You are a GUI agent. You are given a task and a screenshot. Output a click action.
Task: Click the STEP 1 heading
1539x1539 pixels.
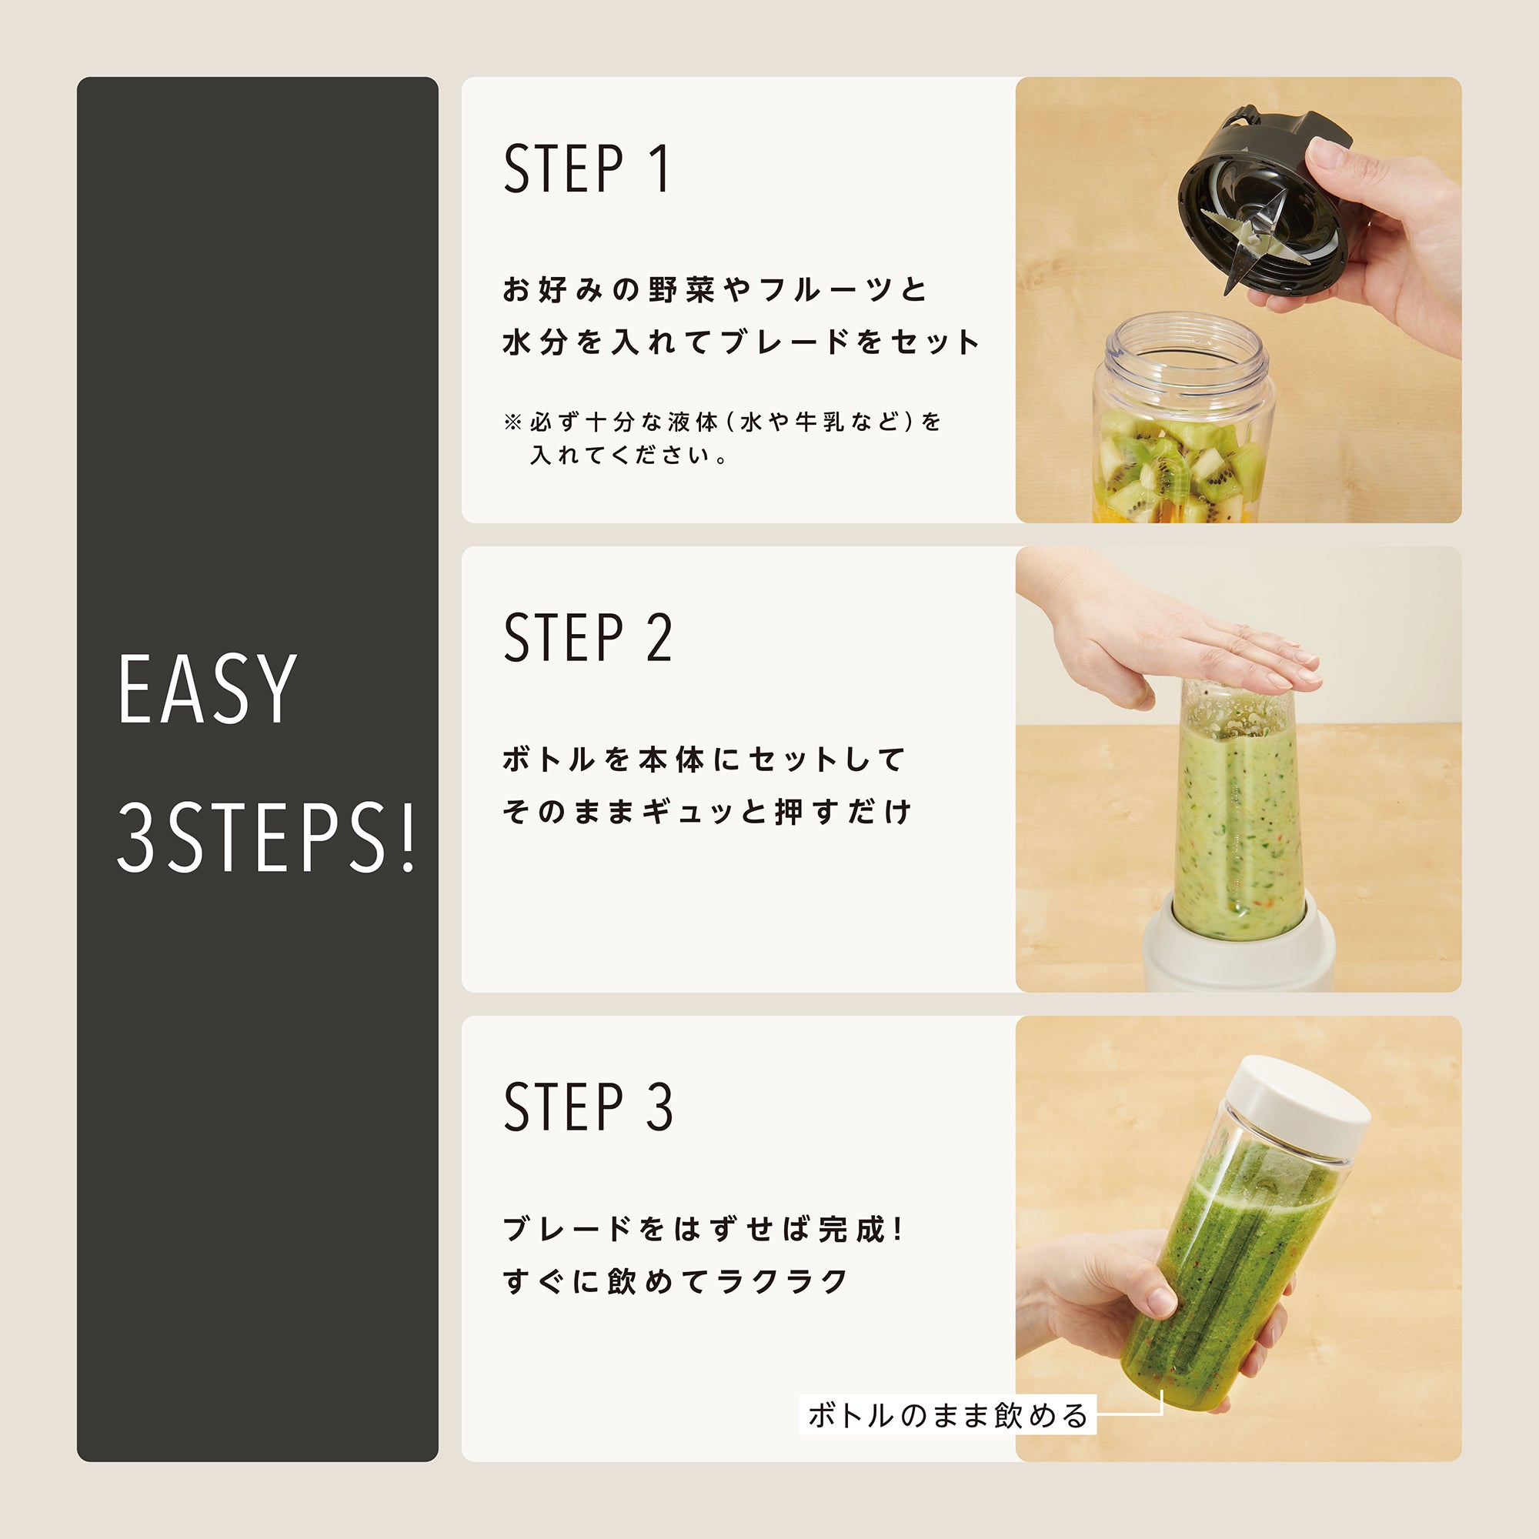pyautogui.click(x=588, y=169)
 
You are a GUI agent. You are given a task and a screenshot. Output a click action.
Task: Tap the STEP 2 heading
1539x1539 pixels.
pyautogui.click(x=588, y=638)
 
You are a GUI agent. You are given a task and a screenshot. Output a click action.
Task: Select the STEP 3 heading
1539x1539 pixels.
pyautogui.click(x=588, y=1107)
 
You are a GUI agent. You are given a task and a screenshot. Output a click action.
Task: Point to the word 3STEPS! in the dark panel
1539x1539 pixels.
pyautogui.click(x=267, y=838)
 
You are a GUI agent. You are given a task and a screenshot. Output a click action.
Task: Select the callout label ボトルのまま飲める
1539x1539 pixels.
pyautogui.click(x=948, y=1415)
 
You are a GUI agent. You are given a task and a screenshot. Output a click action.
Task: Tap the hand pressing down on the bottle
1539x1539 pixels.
pyautogui.click(x=1171, y=637)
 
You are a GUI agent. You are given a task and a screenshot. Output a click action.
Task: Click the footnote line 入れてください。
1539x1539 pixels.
pyautogui.click(x=629, y=456)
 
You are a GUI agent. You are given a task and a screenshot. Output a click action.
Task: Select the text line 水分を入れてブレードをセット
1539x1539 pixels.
pyautogui.click(x=741, y=342)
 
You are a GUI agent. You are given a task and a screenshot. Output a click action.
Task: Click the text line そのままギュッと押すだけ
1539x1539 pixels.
pyautogui.click(x=707, y=812)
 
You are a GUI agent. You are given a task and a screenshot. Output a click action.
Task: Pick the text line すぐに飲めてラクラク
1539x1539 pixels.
pyautogui.click(x=676, y=1281)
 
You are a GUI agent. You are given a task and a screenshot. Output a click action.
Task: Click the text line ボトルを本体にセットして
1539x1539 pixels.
pyautogui.click(x=704, y=759)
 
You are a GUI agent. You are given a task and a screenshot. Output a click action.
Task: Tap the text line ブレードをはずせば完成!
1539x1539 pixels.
pyautogui.click(x=704, y=1229)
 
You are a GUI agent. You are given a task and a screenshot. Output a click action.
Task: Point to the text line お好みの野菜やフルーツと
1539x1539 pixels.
pyautogui.click(x=716, y=290)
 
